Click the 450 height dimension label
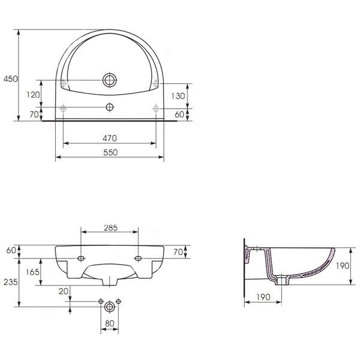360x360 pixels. point(11,79)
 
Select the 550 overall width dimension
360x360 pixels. point(110,152)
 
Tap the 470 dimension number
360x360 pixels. point(110,138)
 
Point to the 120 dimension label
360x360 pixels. point(33,95)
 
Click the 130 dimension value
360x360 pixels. point(178,96)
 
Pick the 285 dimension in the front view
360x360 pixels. point(110,228)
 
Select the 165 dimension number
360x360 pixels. point(32,272)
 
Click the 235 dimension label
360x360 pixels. point(11,282)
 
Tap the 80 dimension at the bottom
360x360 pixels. point(110,323)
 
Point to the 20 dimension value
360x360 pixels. point(64,292)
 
